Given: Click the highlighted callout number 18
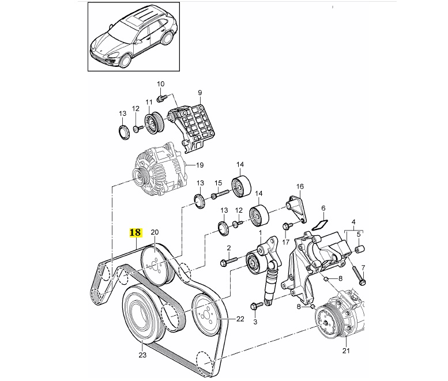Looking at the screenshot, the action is tap(135, 232).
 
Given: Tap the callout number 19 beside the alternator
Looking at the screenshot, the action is tap(199, 165).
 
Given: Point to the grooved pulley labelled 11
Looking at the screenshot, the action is tap(154, 123).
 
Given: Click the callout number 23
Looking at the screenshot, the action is tap(142, 355).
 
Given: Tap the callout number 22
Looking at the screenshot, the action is tap(240, 319).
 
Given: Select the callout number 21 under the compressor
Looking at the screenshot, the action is tap(346, 350).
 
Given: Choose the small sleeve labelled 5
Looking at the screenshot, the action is tap(360, 249).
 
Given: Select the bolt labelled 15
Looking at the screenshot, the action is tap(220, 194).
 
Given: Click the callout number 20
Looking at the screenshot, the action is tap(155, 232).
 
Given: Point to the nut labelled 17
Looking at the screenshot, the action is tap(288, 227).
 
